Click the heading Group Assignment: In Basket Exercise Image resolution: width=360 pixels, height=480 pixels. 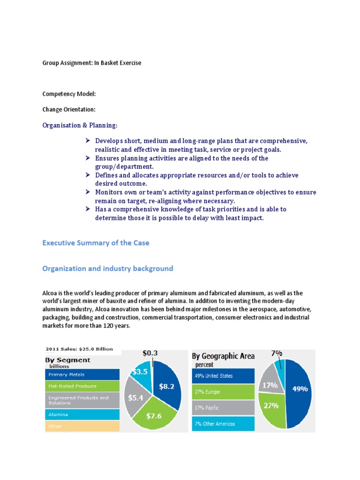point(91,63)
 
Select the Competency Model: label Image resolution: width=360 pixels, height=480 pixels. point(69,94)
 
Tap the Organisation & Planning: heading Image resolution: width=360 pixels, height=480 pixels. point(80,125)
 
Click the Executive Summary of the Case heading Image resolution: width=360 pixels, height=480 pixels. point(96,243)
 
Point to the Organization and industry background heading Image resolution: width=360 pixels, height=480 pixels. point(107,269)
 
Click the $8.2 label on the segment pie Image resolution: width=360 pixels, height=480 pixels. point(166,387)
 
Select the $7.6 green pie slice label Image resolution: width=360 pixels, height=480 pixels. point(154,416)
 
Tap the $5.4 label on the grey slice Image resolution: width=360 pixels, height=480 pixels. point(136,398)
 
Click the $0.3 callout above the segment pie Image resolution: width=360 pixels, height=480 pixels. point(150,353)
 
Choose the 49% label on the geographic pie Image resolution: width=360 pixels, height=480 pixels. point(300,389)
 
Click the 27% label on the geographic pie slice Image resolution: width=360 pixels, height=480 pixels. point(271,405)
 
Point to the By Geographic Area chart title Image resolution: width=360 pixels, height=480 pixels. point(223,356)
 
